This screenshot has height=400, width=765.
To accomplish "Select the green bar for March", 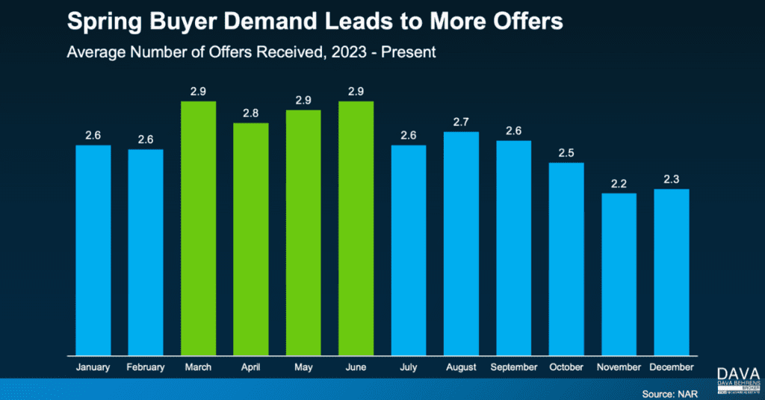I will tap(198, 228).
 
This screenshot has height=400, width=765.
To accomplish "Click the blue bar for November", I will tap(619, 274).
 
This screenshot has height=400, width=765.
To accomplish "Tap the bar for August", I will tap(461, 243).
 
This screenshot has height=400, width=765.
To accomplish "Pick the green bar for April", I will tap(250, 239).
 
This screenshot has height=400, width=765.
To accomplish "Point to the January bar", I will tap(93, 250).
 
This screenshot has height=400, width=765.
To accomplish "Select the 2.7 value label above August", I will tap(461, 122).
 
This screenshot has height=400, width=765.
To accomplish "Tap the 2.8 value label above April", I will tap(250, 113).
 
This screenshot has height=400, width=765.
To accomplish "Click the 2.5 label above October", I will tap(566, 153).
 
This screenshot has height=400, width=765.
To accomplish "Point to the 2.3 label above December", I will tap(671, 179).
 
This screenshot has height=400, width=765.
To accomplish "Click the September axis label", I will tap(513, 367).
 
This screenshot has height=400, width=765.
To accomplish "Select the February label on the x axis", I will tap(146, 367).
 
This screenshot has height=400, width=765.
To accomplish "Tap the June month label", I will tap(356, 367).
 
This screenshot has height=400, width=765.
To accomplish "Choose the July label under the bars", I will tap(408, 367).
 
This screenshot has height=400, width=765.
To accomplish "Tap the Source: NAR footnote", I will tap(669, 393).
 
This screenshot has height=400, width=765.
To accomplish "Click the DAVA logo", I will tap(737, 375).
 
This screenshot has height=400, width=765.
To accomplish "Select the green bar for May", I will tap(303, 232).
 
